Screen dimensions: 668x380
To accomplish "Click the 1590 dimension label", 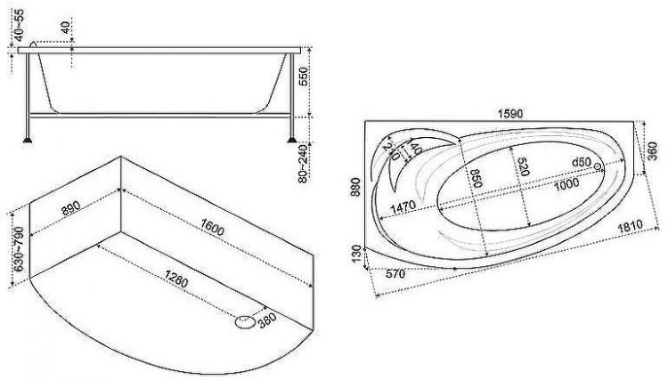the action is [510, 115].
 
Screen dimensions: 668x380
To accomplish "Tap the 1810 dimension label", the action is [630, 227].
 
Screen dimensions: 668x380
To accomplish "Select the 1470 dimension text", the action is [403, 207].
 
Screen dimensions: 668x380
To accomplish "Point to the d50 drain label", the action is [581, 162].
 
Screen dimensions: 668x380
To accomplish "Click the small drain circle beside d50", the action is [598, 166].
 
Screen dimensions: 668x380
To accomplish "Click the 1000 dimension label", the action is [566, 185].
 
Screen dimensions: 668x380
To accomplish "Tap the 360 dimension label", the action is [652, 151].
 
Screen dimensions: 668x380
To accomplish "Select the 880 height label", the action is [356, 187].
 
